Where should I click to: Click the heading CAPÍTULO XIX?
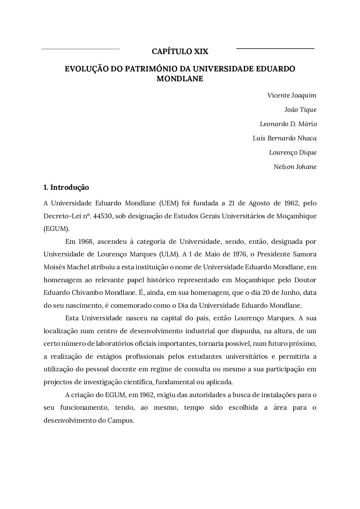[x=180, y=52]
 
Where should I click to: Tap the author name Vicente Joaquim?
[x=292, y=96]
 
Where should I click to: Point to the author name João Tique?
[x=300, y=110]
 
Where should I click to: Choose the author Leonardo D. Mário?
[x=288, y=124]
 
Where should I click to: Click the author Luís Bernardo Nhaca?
[x=284, y=138]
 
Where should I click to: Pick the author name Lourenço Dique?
[x=293, y=153]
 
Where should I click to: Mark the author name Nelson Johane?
[x=295, y=167]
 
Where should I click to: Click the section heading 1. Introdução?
[x=66, y=187]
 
